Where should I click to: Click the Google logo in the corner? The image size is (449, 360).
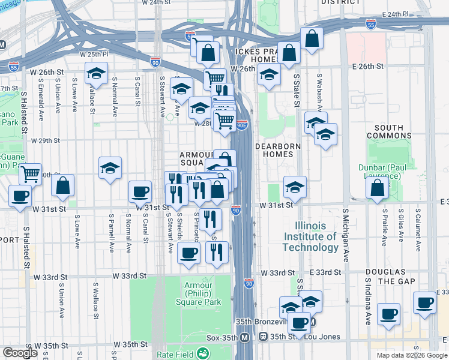point(20,352)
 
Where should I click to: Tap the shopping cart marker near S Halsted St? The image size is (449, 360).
point(30,175)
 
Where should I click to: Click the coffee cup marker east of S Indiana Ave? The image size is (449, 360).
point(425,304)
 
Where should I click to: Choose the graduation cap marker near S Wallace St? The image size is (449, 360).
point(96,73)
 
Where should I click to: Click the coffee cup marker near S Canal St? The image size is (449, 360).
point(140,191)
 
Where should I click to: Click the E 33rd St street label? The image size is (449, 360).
point(326,272)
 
